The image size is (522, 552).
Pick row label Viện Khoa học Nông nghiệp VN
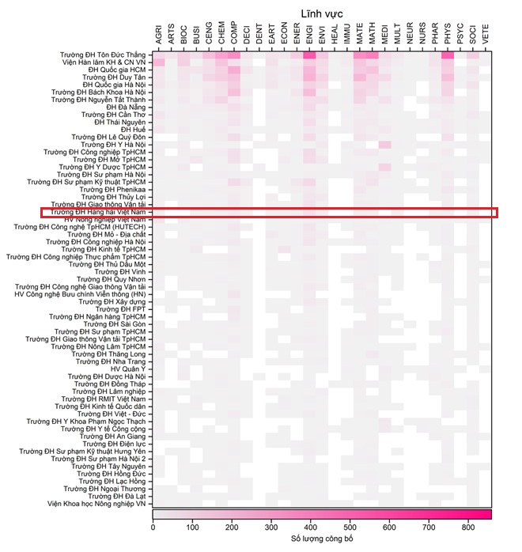[96, 504]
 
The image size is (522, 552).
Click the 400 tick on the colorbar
[310, 527]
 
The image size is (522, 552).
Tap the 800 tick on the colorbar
[468, 527]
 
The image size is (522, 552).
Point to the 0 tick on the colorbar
[153, 527]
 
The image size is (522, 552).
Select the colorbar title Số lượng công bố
[321, 540]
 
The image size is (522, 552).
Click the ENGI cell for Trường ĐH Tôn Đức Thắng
[308, 55]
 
